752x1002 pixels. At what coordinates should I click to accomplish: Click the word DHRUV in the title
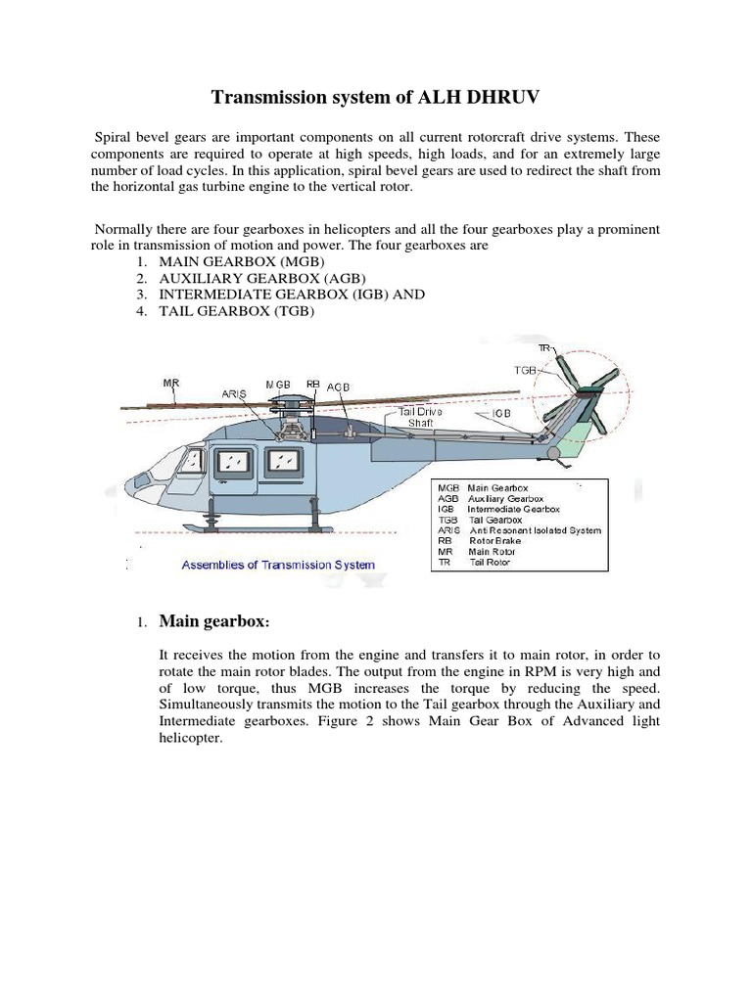coord(497,97)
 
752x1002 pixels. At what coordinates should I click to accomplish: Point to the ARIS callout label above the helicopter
coord(234,394)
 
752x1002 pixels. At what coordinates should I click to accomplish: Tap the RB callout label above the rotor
coord(313,385)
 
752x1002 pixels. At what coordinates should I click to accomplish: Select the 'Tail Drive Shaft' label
coord(420,418)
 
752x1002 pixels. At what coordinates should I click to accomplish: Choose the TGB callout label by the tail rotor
coord(526,371)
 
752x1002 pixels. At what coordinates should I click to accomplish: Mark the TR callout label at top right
coord(544,347)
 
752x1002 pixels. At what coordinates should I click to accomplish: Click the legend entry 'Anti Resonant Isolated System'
coord(535,530)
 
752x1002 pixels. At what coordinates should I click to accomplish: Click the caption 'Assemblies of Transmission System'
coord(277,565)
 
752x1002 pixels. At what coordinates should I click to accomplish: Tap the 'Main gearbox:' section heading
coord(213,622)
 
